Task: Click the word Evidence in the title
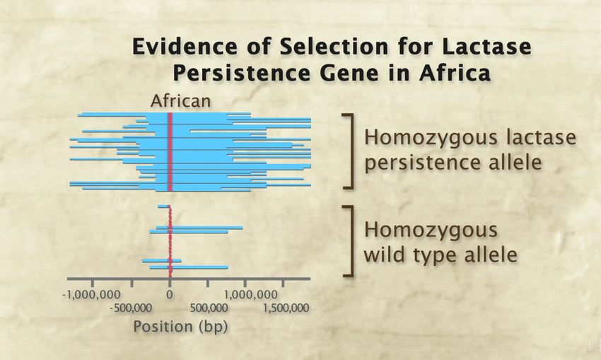coord(185,47)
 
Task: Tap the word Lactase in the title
coord(486,47)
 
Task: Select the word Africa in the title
coord(455,73)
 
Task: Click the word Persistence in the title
coord(240,73)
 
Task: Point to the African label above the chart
coord(180,101)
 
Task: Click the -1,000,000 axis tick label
coord(91,295)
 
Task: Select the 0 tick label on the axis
coord(170,295)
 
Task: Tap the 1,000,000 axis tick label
coord(251,295)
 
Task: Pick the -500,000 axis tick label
coord(130,308)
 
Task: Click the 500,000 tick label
coord(209,308)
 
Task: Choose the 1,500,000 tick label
coord(286,308)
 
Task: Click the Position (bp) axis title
coord(180,327)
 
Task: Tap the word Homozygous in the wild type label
coord(431,231)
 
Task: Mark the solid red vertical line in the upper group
coord(170,152)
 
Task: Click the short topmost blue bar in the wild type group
coord(163,207)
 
